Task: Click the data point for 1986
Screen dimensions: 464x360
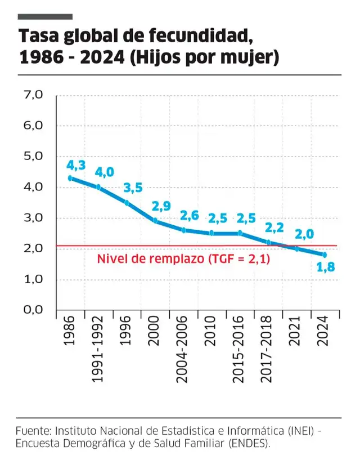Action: click(x=70, y=178)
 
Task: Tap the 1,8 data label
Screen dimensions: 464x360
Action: click(x=326, y=267)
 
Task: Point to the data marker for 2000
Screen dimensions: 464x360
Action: click(x=155, y=221)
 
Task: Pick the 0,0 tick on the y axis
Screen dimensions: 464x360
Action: click(x=33, y=310)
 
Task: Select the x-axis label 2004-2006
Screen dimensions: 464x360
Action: click(x=182, y=351)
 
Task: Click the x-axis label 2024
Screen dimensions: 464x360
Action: click(x=323, y=336)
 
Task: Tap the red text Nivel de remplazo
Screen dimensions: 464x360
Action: click(x=151, y=259)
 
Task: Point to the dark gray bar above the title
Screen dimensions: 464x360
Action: click(x=45, y=17)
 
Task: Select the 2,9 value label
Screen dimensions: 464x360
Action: click(x=161, y=207)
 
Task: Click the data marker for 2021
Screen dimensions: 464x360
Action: click(x=296, y=248)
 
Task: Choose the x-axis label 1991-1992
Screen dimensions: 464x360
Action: click(x=97, y=351)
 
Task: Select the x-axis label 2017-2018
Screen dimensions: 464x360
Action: click(x=267, y=351)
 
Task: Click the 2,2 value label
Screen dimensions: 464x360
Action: click(x=274, y=228)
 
